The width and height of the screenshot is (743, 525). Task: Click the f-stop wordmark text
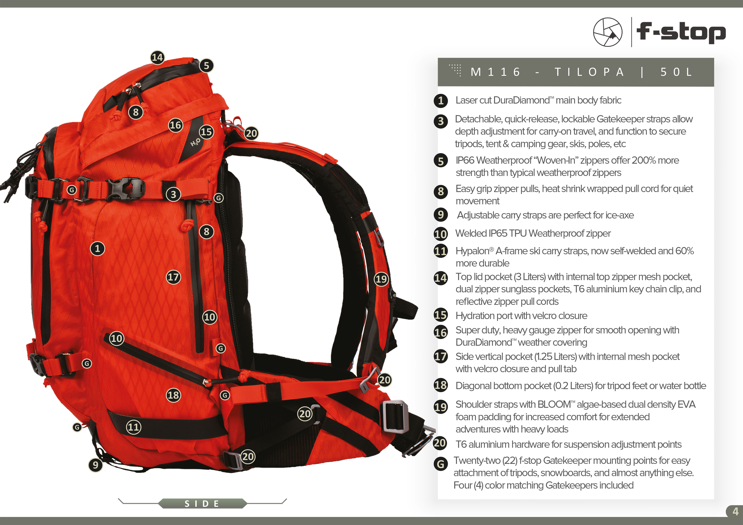coord(681,32)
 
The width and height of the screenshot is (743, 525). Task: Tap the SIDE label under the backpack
coord(202,503)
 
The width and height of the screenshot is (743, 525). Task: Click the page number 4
coord(735,511)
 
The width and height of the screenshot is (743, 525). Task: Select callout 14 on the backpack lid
coord(157,58)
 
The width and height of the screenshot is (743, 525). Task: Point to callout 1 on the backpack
coord(97,248)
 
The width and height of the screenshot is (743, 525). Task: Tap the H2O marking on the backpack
coord(195,142)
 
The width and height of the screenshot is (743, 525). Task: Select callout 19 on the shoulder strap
coord(381,279)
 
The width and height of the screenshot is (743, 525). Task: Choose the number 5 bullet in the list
coord(440,161)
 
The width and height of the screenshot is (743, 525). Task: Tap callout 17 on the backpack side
coord(173,277)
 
